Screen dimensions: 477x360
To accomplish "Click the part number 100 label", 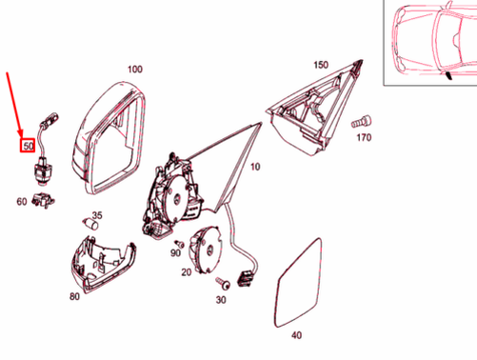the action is [x=134, y=70].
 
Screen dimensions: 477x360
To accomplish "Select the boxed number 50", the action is [x=29, y=147].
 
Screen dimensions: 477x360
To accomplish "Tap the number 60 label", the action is [x=22, y=201].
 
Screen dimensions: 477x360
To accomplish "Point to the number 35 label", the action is [x=96, y=214].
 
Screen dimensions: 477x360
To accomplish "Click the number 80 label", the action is [x=74, y=296].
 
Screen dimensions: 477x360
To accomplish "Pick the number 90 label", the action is [x=175, y=252].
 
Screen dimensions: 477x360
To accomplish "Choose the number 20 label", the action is [x=186, y=272].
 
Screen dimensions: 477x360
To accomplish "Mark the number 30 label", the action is [x=221, y=301].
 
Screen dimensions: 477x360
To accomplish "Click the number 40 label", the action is [x=296, y=335].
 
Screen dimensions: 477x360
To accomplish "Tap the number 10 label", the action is [x=254, y=167].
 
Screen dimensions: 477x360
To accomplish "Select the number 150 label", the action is [x=321, y=65].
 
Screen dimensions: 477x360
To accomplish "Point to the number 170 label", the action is [x=362, y=138].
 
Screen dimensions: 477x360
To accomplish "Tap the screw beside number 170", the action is [x=361, y=121].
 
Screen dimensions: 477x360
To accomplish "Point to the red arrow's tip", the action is [x=22, y=136].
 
